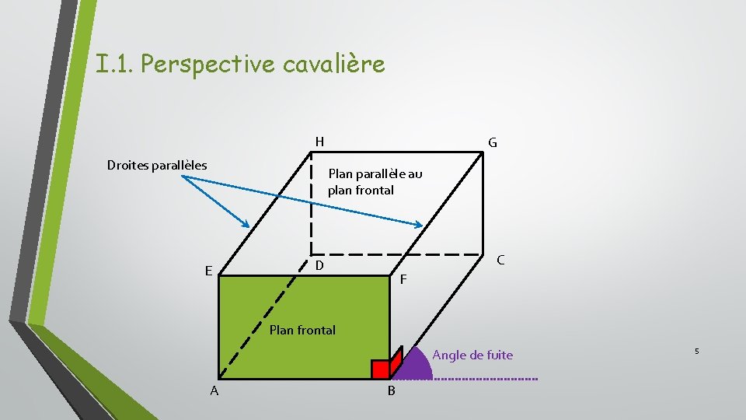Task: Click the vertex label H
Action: tap(319, 142)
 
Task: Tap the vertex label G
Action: tap(493, 143)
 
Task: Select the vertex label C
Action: tap(500, 260)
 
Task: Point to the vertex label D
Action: tap(319, 266)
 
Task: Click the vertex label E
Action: tap(208, 271)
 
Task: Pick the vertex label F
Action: tap(403, 279)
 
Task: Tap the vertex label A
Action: tap(214, 390)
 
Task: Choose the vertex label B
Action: tap(391, 390)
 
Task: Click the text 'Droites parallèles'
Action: tap(157, 165)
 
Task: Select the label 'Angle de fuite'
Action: tap(472, 355)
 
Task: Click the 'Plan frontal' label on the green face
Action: tap(302, 330)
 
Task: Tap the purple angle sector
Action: tap(418, 367)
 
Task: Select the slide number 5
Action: tap(696, 352)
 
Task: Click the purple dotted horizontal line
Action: tap(486, 379)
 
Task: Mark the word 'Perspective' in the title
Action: tap(208, 64)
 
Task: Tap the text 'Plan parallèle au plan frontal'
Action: tap(375, 181)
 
